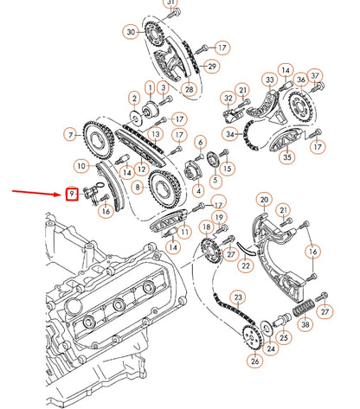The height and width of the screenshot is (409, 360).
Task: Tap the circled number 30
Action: click(x=131, y=32)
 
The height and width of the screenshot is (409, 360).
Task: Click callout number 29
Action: click(x=212, y=66)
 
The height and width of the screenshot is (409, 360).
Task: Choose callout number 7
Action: click(x=70, y=135)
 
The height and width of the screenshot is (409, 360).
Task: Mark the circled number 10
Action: click(x=80, y=165)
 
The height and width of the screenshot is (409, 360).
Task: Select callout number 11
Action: click(x=184, y=232)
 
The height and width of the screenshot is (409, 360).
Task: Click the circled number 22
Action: click(x=246, y=265)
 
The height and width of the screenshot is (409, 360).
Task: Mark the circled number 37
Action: click(x=316, y=76)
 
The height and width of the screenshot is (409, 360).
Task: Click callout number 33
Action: click(x=270, y=81)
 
